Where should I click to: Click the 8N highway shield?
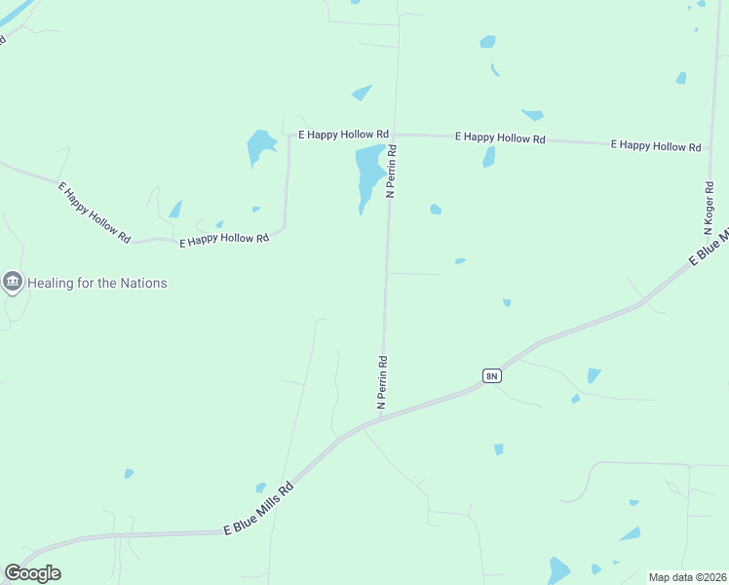pyautogui.click(x=491, y=375)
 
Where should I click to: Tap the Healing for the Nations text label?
pyautogui.click(x=97, y=284)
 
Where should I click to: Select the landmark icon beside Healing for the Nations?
pyautogui.click(x=13, y=283)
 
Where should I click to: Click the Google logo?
pyautogui.click(x=32, y=573)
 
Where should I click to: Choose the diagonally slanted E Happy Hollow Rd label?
pyautogui.click(x=95, y=212)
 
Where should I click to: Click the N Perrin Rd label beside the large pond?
pyautogui.click(x=392, y=173)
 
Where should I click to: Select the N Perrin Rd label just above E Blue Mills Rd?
pyautogui.click(x=383, y=380)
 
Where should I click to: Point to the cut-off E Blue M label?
pyautogui.click(x=709, y=247)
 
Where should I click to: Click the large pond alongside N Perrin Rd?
pyautogui.click(x=368, y=174)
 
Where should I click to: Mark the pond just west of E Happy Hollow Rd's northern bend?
pyautogui.click(x=260, y=146)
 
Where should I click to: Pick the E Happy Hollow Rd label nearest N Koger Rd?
pyautogui.click(x=655, y=145)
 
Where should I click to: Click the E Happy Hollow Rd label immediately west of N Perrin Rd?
pyautogui.click(x=343, y=134)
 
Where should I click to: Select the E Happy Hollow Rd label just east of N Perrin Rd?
pyautogui.click(x=499, y=138)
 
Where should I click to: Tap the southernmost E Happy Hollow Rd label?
pyautogui.click(x=223, y=239)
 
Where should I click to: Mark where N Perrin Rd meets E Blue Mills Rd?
pyautogui.click(x=379, y=419)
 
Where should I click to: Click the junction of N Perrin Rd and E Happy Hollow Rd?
pyautogui.click(x=396, y=135)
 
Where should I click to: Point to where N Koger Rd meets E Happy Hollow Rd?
pyautogui.click(x=709, y=146)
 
